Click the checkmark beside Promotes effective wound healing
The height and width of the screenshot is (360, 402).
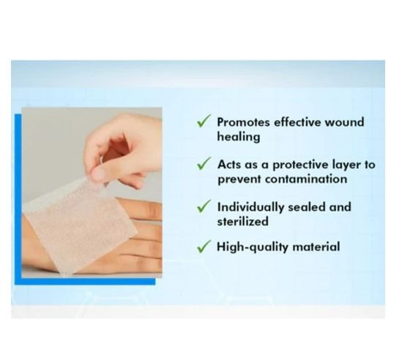tap(204, 121)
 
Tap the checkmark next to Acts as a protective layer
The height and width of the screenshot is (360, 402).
tap(204, 164)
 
